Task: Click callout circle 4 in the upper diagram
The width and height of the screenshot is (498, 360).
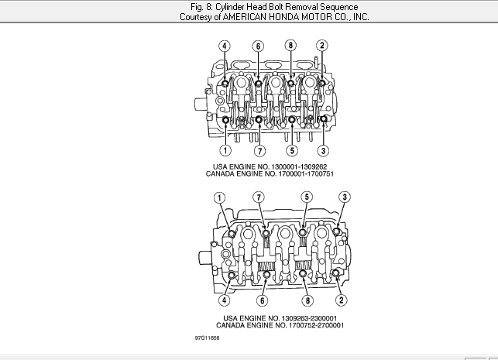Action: point(225,46)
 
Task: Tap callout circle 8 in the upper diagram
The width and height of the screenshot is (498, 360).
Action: point(290,46)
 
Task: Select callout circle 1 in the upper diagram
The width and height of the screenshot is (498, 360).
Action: point(225,150)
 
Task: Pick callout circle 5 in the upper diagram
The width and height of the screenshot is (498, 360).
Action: point(292,150)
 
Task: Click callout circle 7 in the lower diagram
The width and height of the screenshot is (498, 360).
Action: point(259,197)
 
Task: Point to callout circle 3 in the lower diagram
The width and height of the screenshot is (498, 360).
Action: point(345,197)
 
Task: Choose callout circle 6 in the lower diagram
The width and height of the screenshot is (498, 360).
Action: point(263,300)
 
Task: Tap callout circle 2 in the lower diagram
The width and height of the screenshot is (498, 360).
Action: point(342,300)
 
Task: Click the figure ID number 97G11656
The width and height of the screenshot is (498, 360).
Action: point(207,338)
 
